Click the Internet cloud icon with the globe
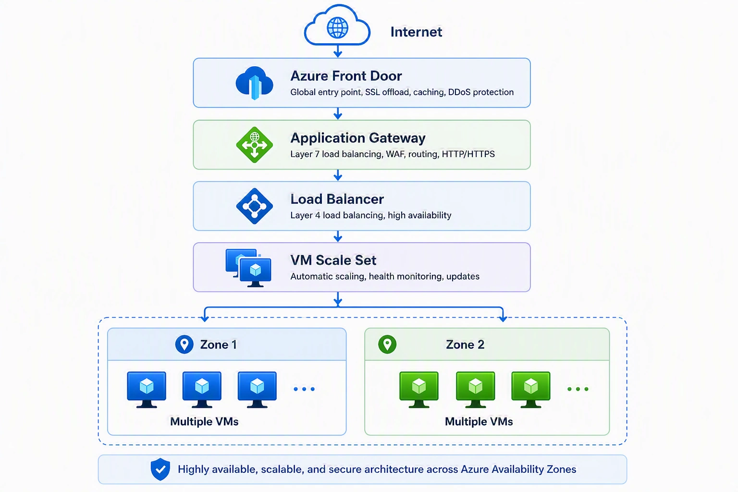click(337, 25)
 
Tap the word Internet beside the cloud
click(416, 32)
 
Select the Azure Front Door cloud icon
click(254, 83)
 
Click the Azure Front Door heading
click(346, 76)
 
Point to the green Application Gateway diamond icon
click(254, 145)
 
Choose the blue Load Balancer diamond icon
click(254, 206)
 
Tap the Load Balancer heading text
click(337, 199)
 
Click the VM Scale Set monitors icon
click(248, 268)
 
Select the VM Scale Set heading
click(333, 260)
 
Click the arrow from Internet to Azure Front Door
click(338, 51)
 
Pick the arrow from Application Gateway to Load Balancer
click(338, 175)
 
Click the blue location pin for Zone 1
click(184, 344)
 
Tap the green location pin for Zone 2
click(387, 344)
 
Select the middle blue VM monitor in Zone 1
click(202, 390)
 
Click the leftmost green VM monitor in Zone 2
click(419, 390)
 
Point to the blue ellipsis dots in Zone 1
click(304, 389)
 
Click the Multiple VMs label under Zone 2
click(479, 421)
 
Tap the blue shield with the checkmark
click(160, 469)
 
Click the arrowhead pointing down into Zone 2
click(503, 318)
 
